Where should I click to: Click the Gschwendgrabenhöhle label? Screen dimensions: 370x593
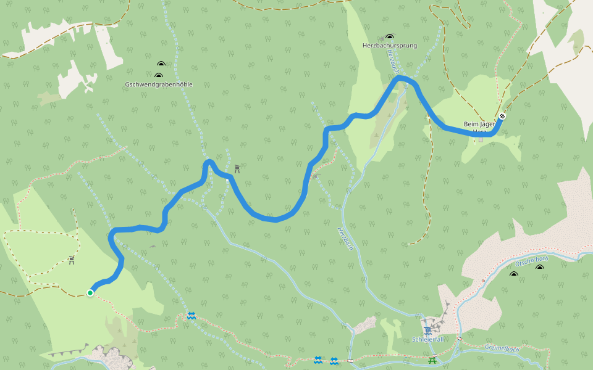click(159, 84)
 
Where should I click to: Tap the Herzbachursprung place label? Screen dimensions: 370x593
click(389, 46)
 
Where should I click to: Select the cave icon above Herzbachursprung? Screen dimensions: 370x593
click(389, 37)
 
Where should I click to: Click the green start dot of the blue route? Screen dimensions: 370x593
click(90, 293)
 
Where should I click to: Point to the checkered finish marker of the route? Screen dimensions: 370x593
click(503, 115)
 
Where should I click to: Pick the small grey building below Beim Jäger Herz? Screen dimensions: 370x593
click(481, 139)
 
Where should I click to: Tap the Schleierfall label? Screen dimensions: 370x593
click(427, 340)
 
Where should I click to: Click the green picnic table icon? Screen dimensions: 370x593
click(432, 360)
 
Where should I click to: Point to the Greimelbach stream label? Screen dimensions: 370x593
click(502, 348)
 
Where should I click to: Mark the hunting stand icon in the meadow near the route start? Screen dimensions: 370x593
click(72, 260)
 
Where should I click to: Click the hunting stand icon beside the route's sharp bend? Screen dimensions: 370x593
click(237, 168)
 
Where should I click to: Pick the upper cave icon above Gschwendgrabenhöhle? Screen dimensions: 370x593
click(161, 64)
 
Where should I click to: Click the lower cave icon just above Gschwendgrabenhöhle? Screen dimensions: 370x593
click(158, 75)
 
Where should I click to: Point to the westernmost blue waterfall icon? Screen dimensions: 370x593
click(191, 316)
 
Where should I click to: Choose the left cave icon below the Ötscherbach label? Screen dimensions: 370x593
click(513, 274)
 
